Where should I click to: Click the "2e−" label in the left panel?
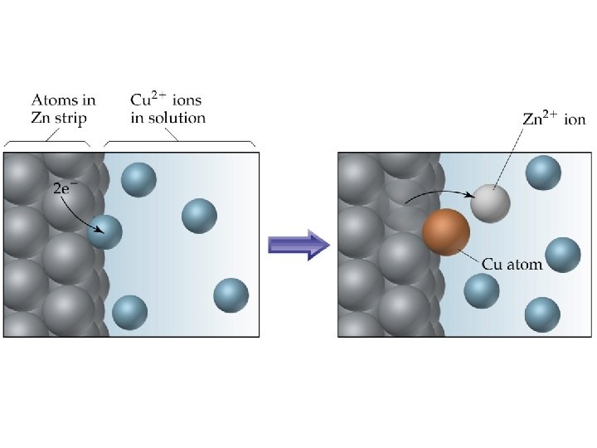coord(66,188)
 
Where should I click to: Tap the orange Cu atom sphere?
coord(446,231)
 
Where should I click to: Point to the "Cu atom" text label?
coord(512,265)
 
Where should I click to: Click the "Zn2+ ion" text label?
coord(556,119)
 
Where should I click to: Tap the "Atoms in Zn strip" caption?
coord(63,109)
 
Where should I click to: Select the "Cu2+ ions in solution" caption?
coord(167,109)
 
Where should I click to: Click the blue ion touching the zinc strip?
coord(105,231)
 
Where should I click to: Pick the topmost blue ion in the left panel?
coord(138,180)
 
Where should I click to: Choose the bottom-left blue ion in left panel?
coord(129,312)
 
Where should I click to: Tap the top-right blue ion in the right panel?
coord(543,172)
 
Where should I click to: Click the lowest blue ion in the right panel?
coord(542,314)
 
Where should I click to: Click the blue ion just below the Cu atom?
coord(481,290)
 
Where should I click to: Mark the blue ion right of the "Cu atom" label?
coord(563,255)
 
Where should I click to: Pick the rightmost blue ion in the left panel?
coord(231,295)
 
